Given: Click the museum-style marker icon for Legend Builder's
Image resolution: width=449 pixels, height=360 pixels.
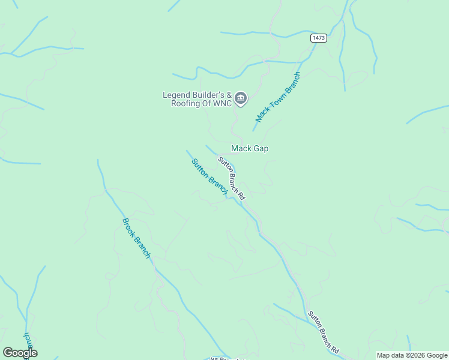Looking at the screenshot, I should pos(241,98).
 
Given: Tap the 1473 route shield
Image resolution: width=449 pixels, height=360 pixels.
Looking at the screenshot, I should pos(319,38).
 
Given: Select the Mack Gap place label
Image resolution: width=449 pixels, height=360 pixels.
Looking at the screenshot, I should pos(250,148).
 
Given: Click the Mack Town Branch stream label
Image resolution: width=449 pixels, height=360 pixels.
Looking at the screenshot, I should pos(278,97).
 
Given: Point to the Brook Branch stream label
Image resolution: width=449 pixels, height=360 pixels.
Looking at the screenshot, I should pos(136,238).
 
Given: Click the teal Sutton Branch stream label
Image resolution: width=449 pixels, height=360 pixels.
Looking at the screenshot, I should pos(209,176).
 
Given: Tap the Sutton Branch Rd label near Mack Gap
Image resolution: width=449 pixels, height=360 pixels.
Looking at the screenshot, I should pos(232,178).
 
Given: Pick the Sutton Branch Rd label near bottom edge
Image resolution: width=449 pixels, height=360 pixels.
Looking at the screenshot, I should pos(324,332).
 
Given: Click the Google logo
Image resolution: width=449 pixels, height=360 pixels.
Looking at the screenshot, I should pos(20,353).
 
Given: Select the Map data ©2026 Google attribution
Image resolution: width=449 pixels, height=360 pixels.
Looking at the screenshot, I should pos(412,355).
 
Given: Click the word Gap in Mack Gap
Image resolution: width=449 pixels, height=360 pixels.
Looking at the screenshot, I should pos(261,148).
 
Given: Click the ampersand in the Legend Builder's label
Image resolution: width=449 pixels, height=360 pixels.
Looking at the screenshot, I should pos(228,94).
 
